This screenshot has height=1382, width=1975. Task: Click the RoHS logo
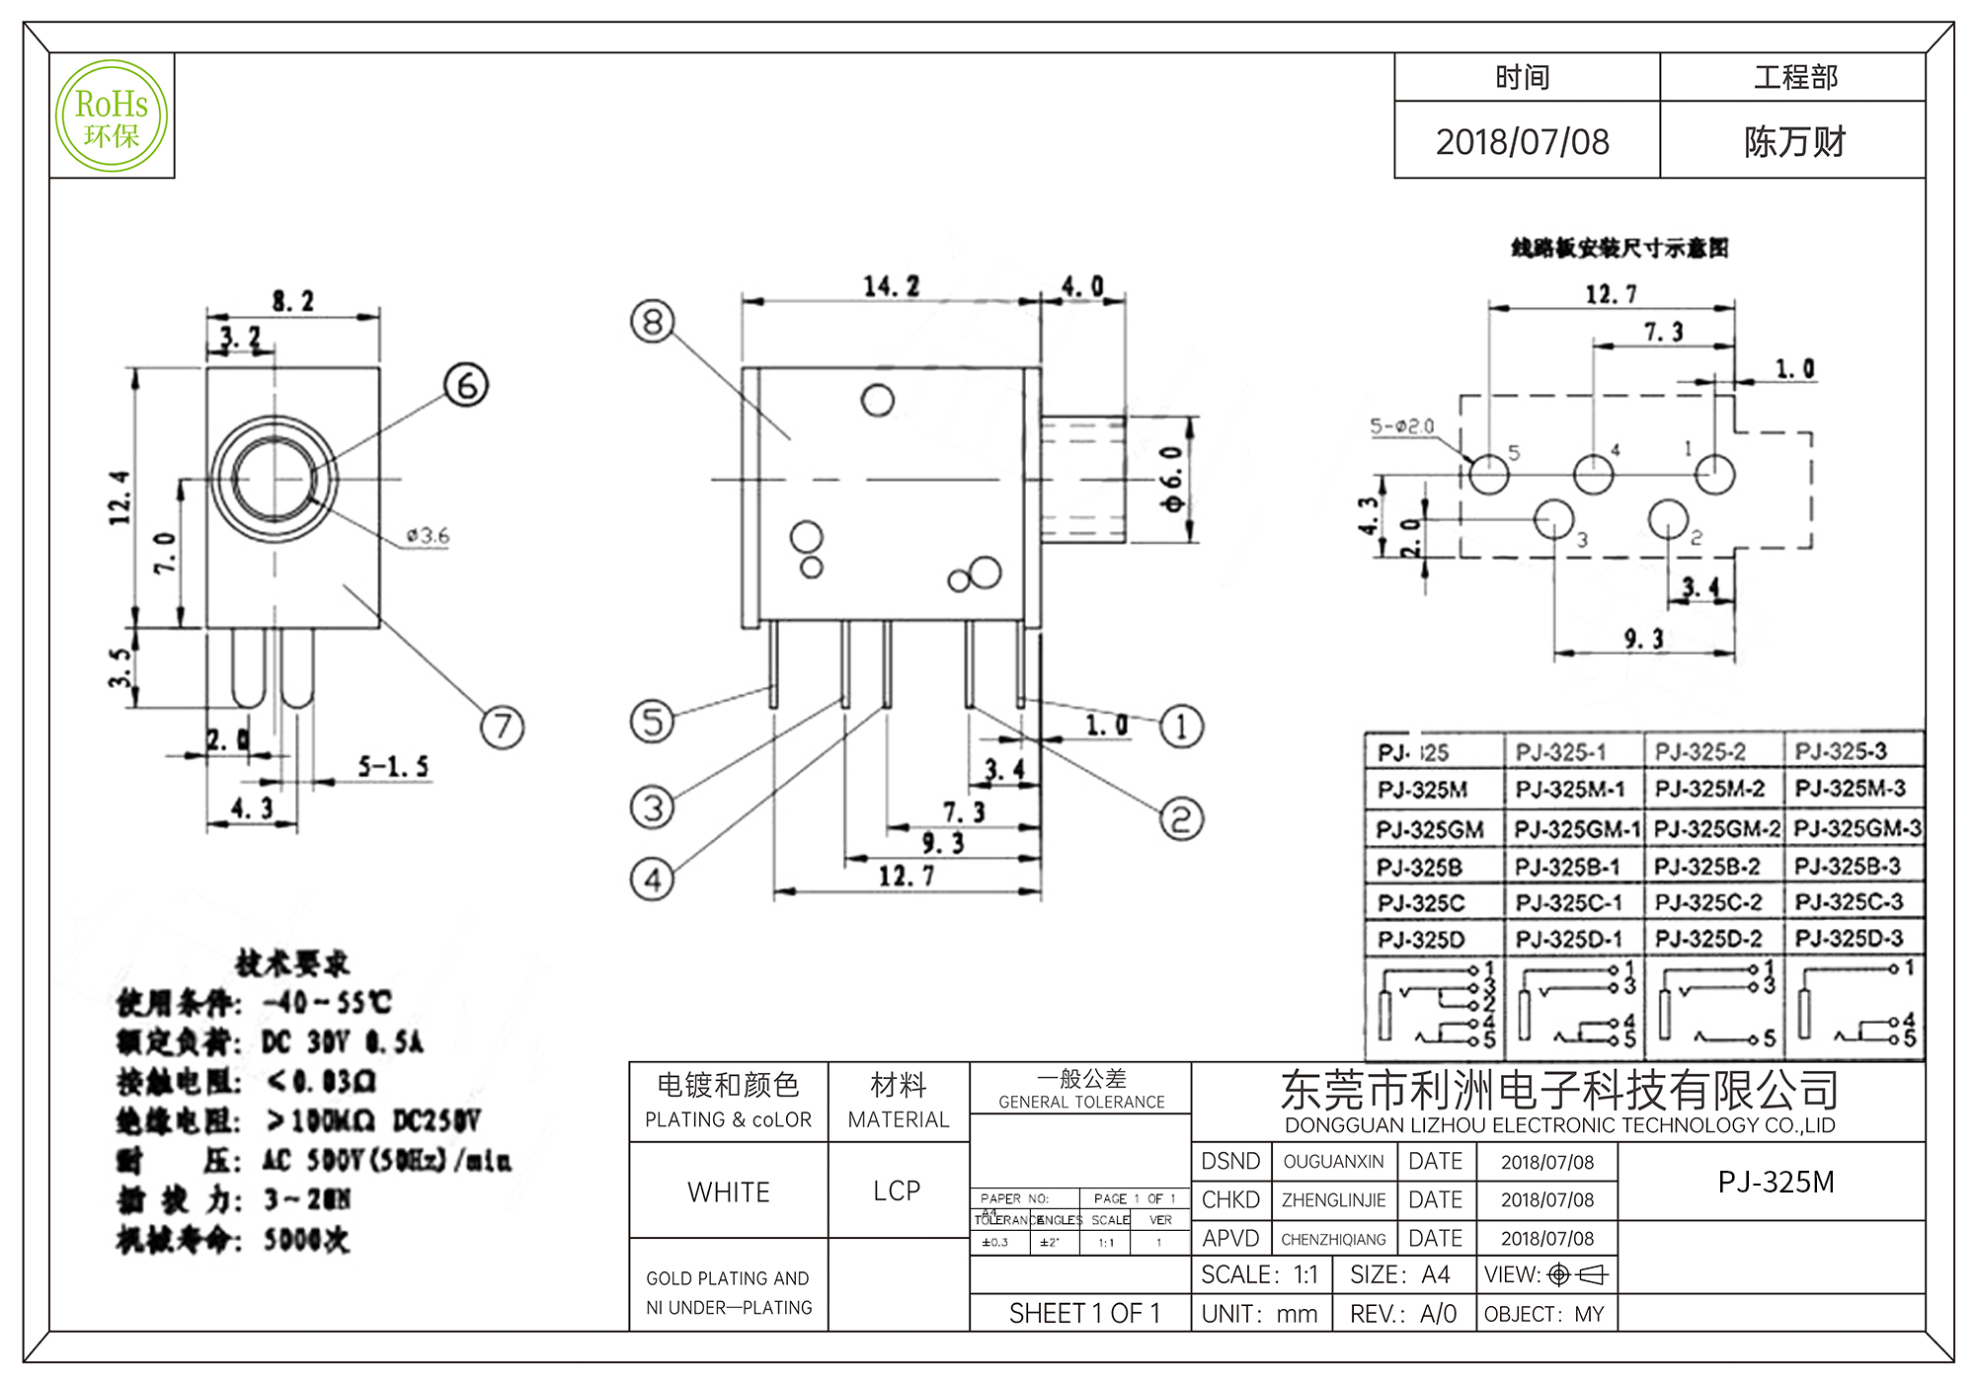click(112, 115)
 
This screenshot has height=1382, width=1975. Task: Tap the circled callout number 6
click(466, 385)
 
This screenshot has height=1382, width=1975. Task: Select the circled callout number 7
click(502, 728)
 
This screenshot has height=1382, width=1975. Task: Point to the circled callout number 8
click(653, 322)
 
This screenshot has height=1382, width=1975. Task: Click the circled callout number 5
click(652, 722)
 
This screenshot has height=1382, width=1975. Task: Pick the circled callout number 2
click(1181, 818)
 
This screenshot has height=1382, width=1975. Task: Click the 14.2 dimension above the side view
click(891, 287)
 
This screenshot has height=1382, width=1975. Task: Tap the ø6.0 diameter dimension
click(1172, 479)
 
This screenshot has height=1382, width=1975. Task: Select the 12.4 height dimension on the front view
click(119, 498)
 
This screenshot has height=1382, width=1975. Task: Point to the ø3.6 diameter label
click(428, 536)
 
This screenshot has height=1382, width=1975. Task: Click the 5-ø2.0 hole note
click(1401, 426)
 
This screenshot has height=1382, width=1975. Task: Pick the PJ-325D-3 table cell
click(1848, 938)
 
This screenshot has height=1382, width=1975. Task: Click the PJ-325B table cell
click(1420, 868)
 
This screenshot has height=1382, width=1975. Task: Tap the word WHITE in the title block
click(729, 1192)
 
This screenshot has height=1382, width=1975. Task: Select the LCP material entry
click(897, 1191)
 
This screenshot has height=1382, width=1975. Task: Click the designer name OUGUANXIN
click(1333, 1162)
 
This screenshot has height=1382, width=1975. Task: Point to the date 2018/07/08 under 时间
click(1522, 142)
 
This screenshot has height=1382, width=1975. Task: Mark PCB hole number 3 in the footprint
click(1553, 518)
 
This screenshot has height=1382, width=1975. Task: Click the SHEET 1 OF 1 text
click(1084, 1314)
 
